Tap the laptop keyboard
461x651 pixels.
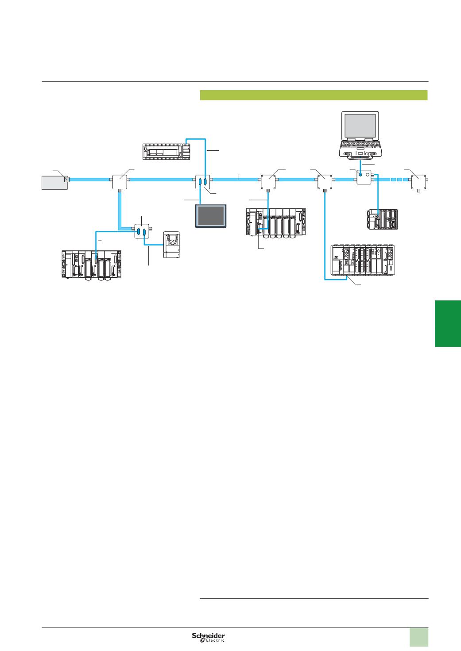359,144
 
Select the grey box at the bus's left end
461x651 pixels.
54,182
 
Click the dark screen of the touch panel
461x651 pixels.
211,215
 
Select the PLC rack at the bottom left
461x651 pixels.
92,264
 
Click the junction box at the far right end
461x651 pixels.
418,180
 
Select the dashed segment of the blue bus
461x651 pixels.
397,180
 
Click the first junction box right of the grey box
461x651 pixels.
120,180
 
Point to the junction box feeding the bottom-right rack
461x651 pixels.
325,180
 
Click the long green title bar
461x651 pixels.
314,95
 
